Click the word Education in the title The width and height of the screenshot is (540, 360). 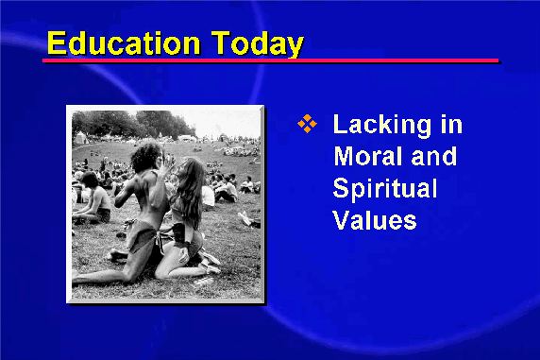click(x=124, y=43)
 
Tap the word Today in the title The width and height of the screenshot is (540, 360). click(x=257, y=44)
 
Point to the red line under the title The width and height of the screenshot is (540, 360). click(x=270, y=60)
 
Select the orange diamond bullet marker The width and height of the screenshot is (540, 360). click(x=307, y=124)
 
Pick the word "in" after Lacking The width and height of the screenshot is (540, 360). click(x=451, y=124)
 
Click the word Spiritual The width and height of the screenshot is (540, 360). click(x=385, y=190)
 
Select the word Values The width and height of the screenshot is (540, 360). click(x=375, y=220)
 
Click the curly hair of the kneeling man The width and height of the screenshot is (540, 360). click(x=146, y=156)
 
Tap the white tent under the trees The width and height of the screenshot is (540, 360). click(x=80, y=137)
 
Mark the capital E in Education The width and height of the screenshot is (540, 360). click(x=57, y=43)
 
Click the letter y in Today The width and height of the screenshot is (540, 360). click(x=295, y=47)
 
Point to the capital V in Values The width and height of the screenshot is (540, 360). click(x=343, y=220)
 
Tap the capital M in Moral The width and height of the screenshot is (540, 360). click(x=346, y=156)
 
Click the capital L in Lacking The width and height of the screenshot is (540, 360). click(x=340, y=124)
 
